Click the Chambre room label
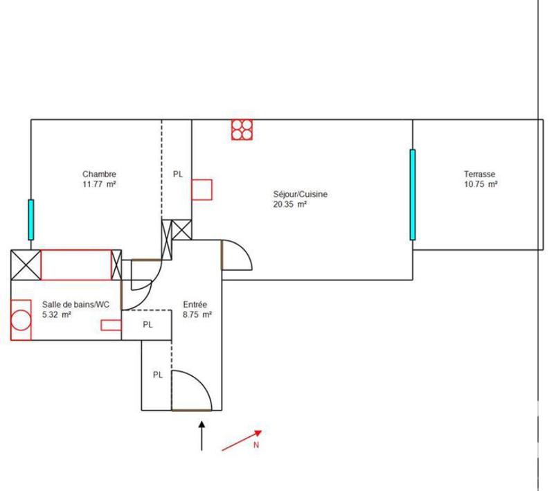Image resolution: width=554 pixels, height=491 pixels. point(100,175)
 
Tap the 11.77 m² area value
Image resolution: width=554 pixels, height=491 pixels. point(100,184)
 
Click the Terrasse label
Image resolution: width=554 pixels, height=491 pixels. point(480,175)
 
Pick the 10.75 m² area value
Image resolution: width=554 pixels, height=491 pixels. point(481,184)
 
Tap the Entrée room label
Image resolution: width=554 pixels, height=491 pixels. point(195,305)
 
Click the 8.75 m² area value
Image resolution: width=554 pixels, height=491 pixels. point(197,314)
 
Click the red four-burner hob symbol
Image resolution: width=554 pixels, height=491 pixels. point(243,130)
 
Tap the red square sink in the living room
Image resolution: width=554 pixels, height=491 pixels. point(202,190)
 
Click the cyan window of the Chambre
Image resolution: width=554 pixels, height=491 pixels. point(30,219)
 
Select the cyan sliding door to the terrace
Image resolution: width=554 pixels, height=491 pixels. point(412,195)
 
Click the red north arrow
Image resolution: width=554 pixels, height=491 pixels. point(241,441)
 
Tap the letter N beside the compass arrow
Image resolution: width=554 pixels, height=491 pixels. point(256,445)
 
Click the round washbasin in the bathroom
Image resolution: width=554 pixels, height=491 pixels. point(21,320)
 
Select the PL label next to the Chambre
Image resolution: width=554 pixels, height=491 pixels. point(178,175)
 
